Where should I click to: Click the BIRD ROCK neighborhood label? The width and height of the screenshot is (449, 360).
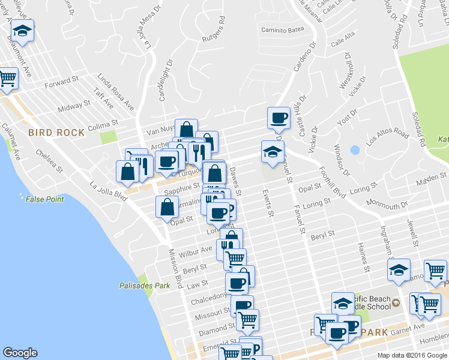coord(56,132)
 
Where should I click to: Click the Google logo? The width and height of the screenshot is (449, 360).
coord(20,353)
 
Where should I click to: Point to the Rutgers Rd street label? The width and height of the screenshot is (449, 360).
coord(214,28)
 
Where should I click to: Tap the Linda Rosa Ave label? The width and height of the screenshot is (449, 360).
coord(116,92)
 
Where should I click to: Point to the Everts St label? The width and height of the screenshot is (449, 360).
coord(268,204)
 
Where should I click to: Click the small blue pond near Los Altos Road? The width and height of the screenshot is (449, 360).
coord(355,150)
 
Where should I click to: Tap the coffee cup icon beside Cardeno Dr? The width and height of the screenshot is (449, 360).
coord(278,118)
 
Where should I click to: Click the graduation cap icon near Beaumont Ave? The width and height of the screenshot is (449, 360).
coord(22,31)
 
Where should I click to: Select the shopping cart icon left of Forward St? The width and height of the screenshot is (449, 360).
coord(7,78)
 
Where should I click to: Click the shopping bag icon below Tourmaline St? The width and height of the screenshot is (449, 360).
coord(167,208)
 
